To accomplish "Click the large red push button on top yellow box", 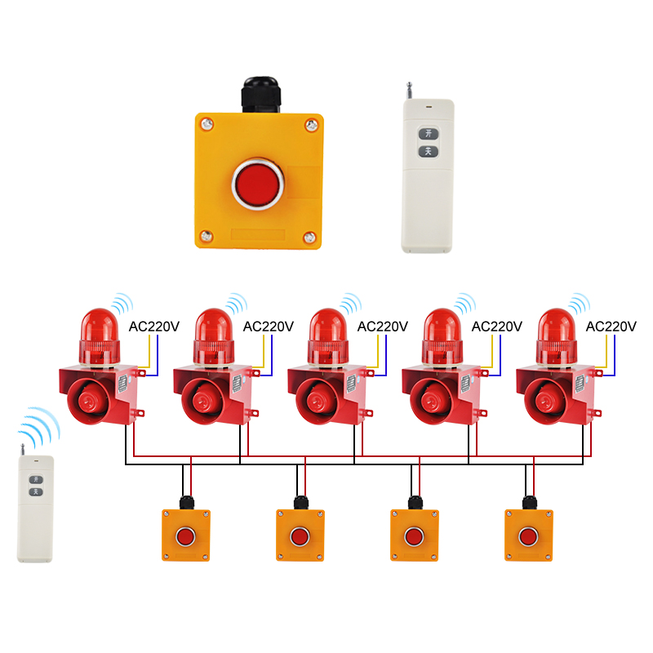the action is point(257,184).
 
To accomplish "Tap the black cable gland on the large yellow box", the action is point(260,96).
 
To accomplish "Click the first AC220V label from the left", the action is point(153,326).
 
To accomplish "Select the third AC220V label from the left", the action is point(382,326).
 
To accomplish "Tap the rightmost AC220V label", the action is point(611,326).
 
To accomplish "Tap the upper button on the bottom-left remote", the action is point(35,480).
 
